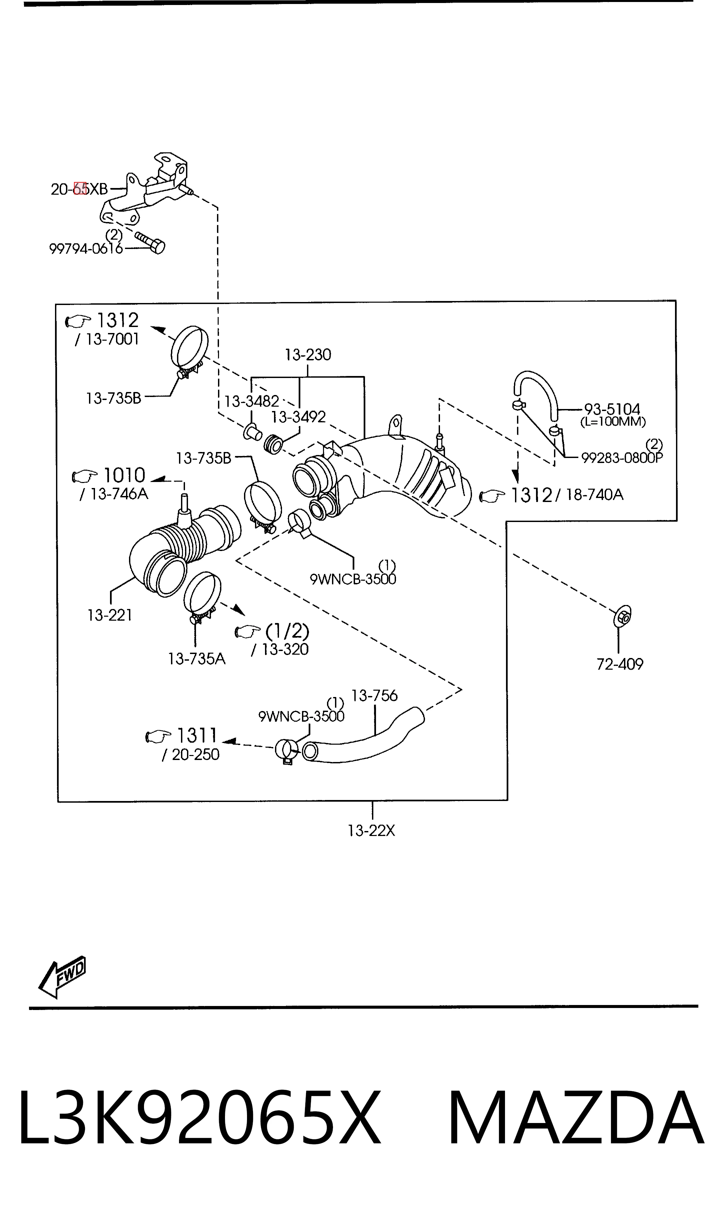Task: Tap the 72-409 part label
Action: coord(620,664)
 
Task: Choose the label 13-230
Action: coord(308,355)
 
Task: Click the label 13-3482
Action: coord(251,401)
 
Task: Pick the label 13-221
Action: coord(110,615)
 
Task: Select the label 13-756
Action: coord(374,696)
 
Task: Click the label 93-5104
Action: coord(612,409)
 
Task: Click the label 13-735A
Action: coord(196,659)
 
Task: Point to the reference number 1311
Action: coord(196,735)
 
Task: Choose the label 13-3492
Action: coord(298,417)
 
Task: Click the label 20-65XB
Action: coord(79,189)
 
